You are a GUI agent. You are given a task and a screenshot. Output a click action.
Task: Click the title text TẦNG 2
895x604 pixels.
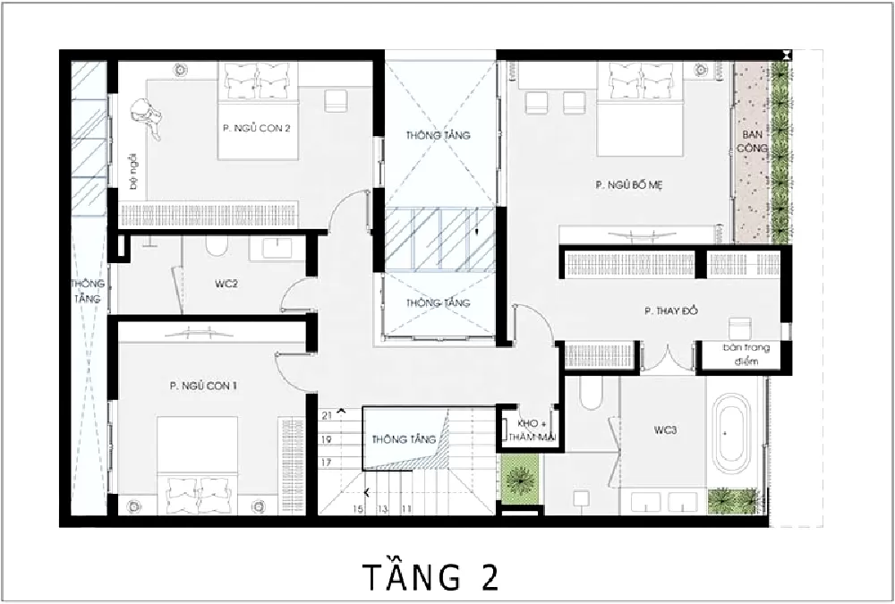430,577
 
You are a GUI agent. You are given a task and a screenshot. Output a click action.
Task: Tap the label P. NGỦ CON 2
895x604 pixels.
256,128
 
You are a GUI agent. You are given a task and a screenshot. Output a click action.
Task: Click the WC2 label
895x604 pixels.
226,285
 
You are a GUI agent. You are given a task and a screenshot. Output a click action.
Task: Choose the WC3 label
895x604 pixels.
664,430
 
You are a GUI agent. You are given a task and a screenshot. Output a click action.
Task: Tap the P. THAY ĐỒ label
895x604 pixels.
670,311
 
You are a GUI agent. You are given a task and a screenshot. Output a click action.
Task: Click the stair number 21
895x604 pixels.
327,416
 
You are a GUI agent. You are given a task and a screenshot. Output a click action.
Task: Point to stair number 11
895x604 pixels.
406,509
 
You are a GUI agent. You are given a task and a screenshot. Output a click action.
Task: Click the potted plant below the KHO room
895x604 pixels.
518,481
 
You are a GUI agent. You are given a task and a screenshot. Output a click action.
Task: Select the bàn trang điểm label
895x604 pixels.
740,354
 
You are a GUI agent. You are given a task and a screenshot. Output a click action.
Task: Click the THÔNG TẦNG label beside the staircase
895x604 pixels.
405,439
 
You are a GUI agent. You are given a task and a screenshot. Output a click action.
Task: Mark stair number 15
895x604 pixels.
358,509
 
